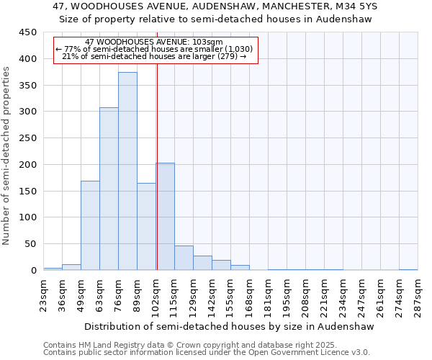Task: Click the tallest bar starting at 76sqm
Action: point(127,171)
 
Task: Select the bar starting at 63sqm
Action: point(109,189)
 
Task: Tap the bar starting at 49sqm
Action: point(90,225)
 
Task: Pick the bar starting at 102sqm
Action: point(165,216)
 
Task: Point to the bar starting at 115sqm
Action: point(184,258)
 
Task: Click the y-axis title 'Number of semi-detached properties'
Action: point(7,156)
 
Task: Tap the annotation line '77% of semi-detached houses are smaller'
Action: point(154,49)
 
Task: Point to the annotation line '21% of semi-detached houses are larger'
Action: point(154,56)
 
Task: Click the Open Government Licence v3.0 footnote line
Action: point(207,353)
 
